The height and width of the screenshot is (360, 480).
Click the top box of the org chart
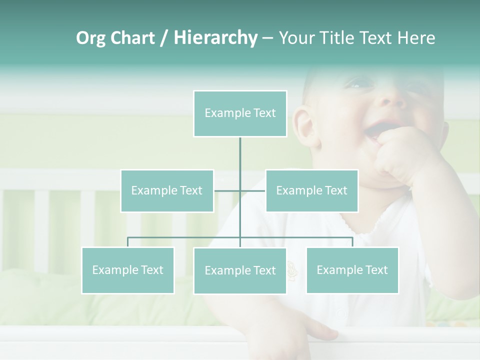click(x=240, y=113)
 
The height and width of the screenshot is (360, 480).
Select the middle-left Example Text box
click(x=167, y=190)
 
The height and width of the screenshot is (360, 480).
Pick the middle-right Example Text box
click(x=311, y=190)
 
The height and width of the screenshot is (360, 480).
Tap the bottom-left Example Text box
click(x=127, y=270)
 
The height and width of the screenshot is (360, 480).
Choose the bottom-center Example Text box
click(x=240, y=270)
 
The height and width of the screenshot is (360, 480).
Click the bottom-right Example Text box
click(x=352, y=270)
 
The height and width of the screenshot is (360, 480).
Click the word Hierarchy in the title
click(x=215, y=38)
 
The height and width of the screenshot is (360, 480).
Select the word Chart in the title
click(x=132, y=38)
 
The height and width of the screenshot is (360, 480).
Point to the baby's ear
click(x=304, y=127)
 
